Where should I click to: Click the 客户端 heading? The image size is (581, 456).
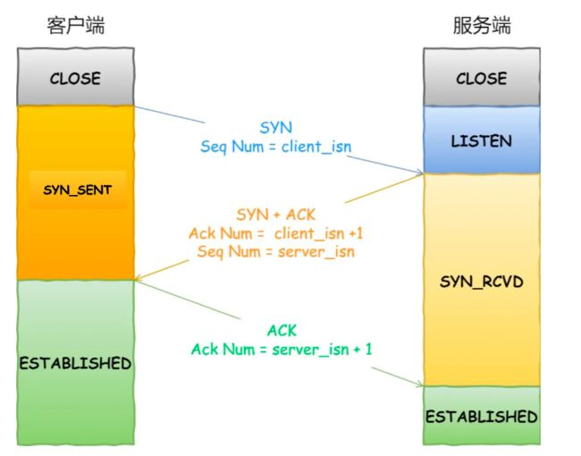(x=76, y=26)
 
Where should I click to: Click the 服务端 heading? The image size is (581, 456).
(x=482, y=26)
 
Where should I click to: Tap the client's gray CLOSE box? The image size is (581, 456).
(x=76, y=77)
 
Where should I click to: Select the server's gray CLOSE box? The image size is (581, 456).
(x=482, y=77)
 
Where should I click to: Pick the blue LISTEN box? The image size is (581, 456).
(x=482, y=139)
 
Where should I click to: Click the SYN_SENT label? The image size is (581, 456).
(x=78, y=190)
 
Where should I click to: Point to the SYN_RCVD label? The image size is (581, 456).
(x=481, y=283)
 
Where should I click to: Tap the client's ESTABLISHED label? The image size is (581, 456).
(x=76, y=363)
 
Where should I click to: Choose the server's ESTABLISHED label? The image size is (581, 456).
(x=482, y=417)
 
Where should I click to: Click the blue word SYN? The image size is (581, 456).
(x=275, y=128)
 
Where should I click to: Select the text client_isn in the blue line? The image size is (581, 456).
(x=316, y=147)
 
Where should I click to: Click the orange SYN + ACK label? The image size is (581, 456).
(x=275, y=215)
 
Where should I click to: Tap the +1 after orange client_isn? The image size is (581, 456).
(x=356, y=233)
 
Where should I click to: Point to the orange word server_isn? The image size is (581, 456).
(x=316, y=252)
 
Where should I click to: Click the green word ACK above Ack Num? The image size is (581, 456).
(x=282, y=330)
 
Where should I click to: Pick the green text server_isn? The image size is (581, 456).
(x=310, y=350)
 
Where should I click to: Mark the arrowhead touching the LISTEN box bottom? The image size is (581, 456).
(x=419, y=172)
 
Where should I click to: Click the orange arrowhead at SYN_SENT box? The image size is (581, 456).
(x=138, y=277)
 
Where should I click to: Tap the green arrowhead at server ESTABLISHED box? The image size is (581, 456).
(x=419, y=384)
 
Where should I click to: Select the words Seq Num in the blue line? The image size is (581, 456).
(x=232, y=147)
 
